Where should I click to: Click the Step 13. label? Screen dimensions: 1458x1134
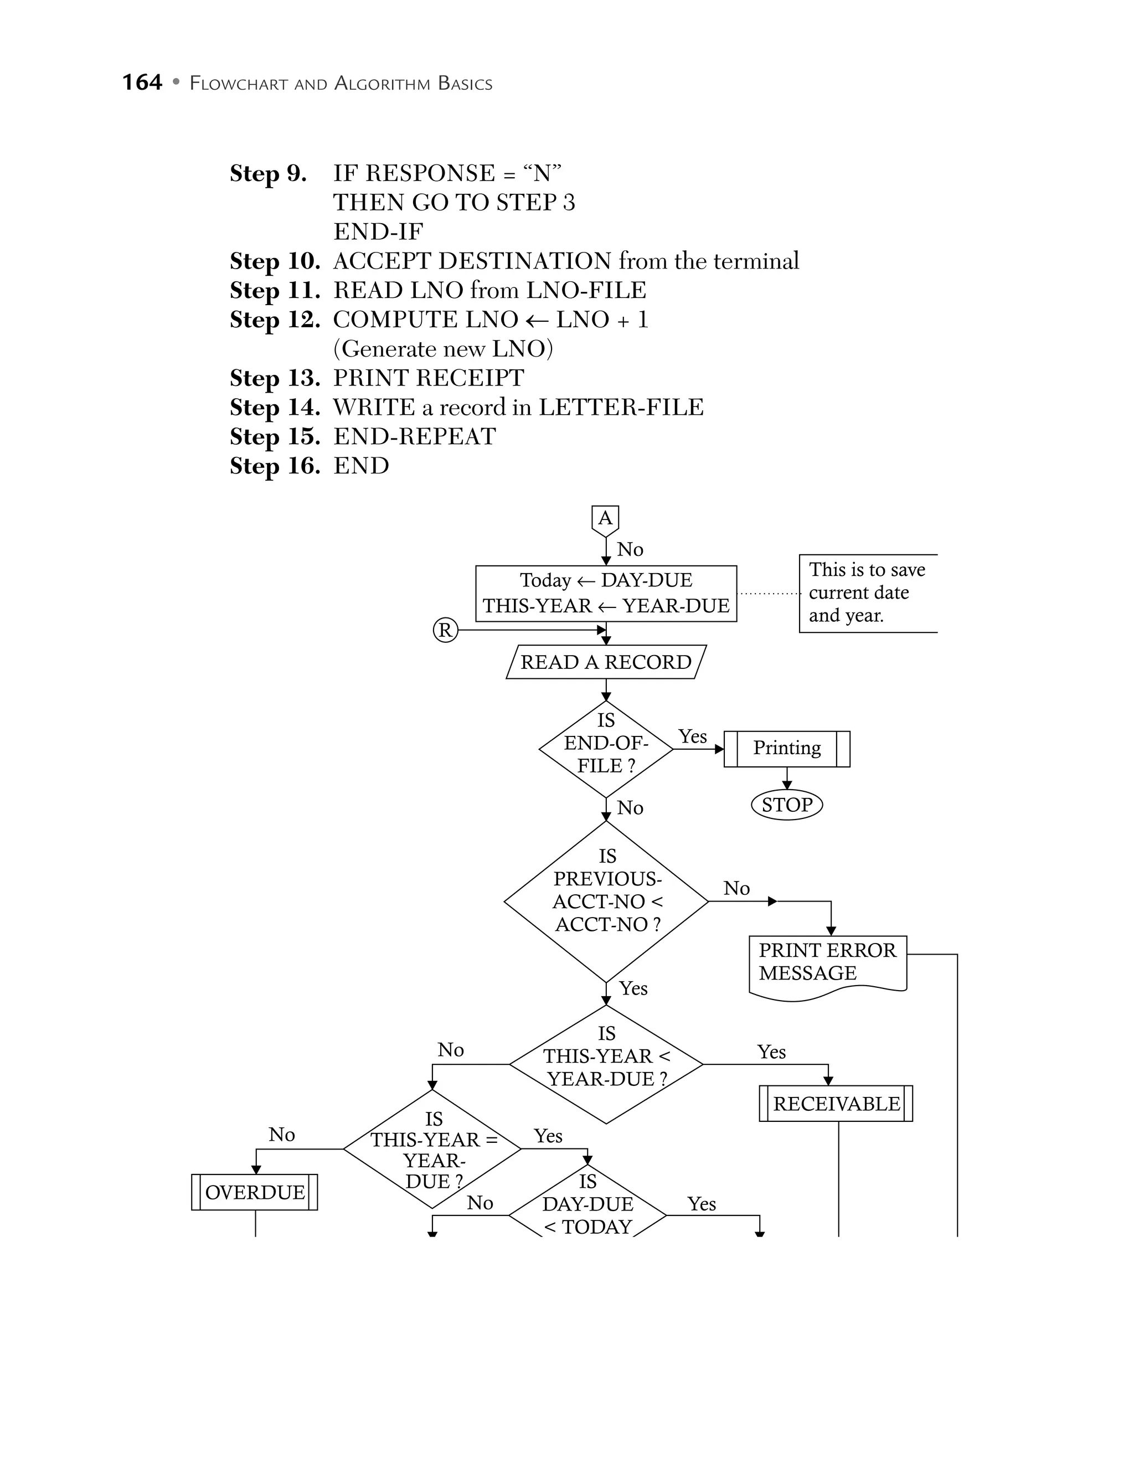[x=274, y=378]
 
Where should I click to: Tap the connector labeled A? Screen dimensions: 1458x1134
[x=605, y=519]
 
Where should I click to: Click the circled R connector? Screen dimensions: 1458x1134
[x=445, y=630]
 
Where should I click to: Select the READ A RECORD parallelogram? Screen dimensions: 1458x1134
[x=605, y=662]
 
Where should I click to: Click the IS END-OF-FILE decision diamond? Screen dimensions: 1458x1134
[x=605, y=748]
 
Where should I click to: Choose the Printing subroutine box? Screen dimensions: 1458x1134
[x=786, y=748]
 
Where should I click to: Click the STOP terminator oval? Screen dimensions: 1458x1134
[x=786, y=805]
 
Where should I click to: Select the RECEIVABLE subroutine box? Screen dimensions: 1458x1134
[x=836, y=1104]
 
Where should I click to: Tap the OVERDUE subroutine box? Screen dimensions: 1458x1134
[x=254, y=1192]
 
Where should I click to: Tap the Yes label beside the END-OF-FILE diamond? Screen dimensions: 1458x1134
[x=693, y=736]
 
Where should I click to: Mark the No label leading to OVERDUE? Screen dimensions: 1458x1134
[x=282, y=1135]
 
